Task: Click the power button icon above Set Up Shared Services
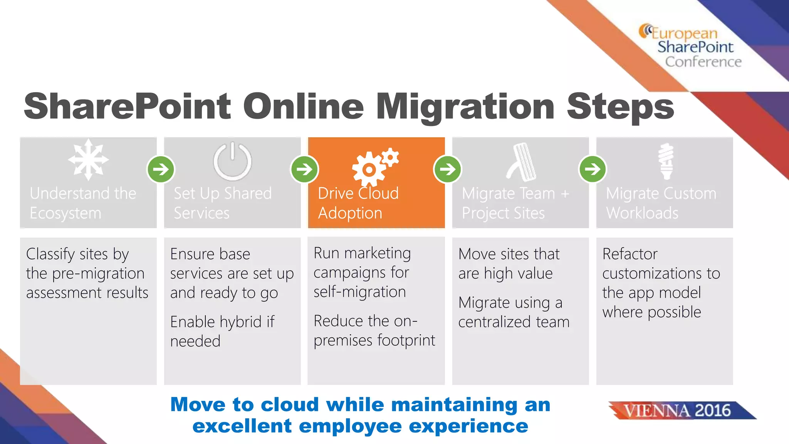pyautogui.click(x=232, y=161)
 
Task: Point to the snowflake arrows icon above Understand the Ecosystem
pyautogui.click(x=88, y=160)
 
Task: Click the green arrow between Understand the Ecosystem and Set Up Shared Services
pyautogui.click(x=161, y=169)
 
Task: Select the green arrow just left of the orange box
pyautogui.click(x=305, y=169)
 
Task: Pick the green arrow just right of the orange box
pyautogui.click(x=448, y=169)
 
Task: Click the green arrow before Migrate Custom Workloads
pyautogui.click(x=593, y=169)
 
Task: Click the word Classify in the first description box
pyautogui.click(x=50, y=254)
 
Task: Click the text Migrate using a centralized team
pyautogui.click(x=514, y=312)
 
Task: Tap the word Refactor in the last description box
pyautogui.click(x=630, y=254)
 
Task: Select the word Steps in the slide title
pyautogui.click(x=620, y=107)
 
